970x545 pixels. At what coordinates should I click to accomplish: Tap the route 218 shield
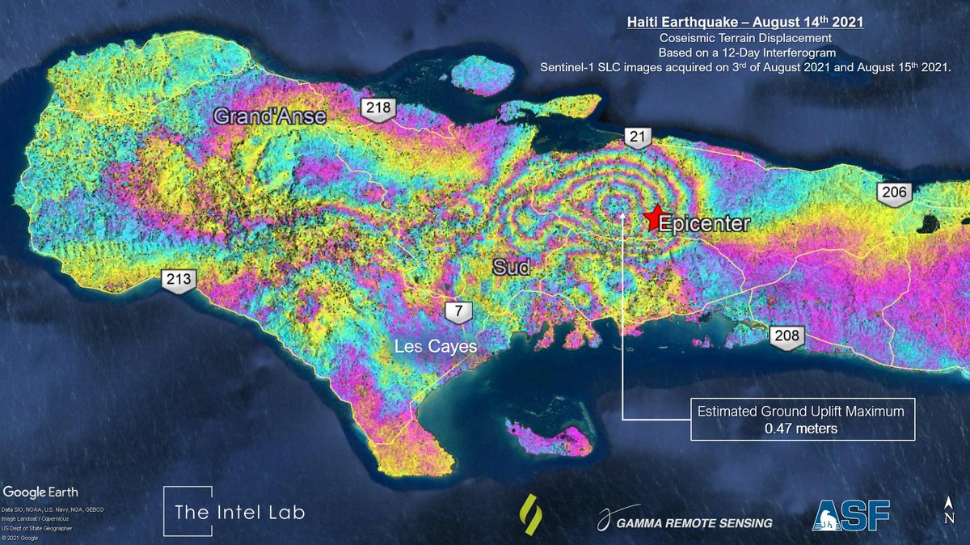376,109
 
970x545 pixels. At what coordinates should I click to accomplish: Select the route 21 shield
638,138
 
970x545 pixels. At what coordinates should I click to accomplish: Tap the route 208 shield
786,336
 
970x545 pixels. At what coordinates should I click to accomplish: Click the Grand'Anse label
269,116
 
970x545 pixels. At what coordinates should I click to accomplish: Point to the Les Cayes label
435,346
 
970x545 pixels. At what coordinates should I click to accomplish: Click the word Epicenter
704,224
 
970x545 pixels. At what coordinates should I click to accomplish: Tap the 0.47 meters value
801,429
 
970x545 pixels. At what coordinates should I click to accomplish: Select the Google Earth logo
38,492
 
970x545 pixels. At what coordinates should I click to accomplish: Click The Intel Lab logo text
240,513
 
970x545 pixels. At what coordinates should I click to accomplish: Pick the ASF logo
850,514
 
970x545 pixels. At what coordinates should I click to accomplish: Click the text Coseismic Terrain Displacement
744,37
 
